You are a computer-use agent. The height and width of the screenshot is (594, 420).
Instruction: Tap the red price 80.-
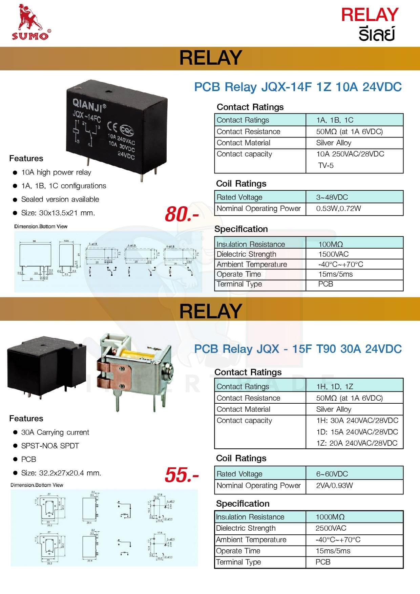coord(182,215)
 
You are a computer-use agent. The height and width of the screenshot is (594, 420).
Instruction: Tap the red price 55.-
coord(182,475)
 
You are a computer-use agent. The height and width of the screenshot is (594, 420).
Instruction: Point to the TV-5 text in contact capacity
coord(325,165)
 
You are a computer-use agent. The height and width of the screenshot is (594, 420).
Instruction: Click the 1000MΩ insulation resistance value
coord(330,517)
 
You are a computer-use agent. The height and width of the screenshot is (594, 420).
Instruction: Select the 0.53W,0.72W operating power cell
coord(338,209)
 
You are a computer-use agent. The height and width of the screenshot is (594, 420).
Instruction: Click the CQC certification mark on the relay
coord(127,131)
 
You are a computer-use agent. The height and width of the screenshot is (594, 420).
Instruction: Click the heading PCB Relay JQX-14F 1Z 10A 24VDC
coord(298,87)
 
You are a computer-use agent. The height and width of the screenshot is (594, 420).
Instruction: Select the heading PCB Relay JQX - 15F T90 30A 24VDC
coord(298,349)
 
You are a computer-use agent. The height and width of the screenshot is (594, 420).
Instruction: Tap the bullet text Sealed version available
coord(60,199)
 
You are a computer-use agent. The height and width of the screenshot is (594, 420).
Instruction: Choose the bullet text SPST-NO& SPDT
coord(50,446)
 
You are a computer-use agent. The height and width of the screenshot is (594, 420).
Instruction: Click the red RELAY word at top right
coord(370,15)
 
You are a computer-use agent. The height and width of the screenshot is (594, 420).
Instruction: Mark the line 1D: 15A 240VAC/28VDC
coord(357,432)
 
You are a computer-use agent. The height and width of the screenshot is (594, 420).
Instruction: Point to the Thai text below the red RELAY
coord(377,34)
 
